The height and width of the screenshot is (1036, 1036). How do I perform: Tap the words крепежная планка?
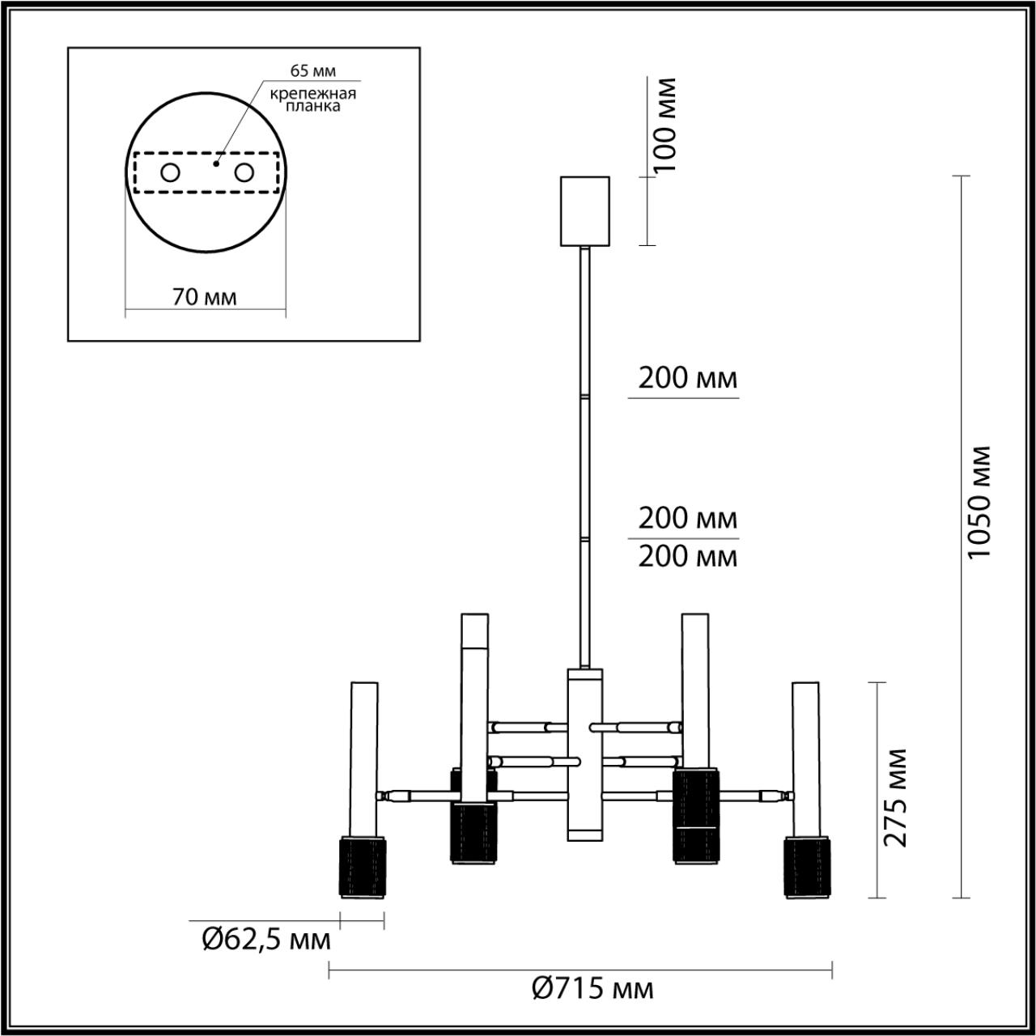(x=312, y=100)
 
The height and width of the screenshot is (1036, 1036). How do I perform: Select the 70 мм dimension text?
(x=205, y=297)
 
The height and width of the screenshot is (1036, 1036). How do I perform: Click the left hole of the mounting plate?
(x=171, y=172)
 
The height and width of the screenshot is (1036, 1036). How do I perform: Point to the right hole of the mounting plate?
(x=244, y=172)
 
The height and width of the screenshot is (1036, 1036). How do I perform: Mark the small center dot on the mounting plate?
(x=215, y=163)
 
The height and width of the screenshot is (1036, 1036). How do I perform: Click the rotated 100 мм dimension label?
(x=665, y=125)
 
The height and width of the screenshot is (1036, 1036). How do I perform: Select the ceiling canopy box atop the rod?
(x=584, y=210)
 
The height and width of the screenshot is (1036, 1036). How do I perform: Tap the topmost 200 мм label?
(x=687, y=378)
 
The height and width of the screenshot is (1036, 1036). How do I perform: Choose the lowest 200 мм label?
(x=687, y=557)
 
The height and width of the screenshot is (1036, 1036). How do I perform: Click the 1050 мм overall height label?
(x=980, y=502)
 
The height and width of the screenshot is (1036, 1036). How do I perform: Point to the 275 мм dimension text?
(x=894, y=797)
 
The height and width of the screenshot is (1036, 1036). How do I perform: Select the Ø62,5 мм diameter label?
(x=265, y=940)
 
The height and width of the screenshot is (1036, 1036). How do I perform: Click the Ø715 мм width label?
(x=592, y=988)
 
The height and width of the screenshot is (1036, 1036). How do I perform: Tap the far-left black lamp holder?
(x=361, y=868)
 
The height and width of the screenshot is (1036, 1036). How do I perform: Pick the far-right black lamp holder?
(x=807, y=868)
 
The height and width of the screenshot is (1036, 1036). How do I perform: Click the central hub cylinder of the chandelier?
(x=584, y=753)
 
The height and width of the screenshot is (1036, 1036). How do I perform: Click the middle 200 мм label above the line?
(x=687, y=517)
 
